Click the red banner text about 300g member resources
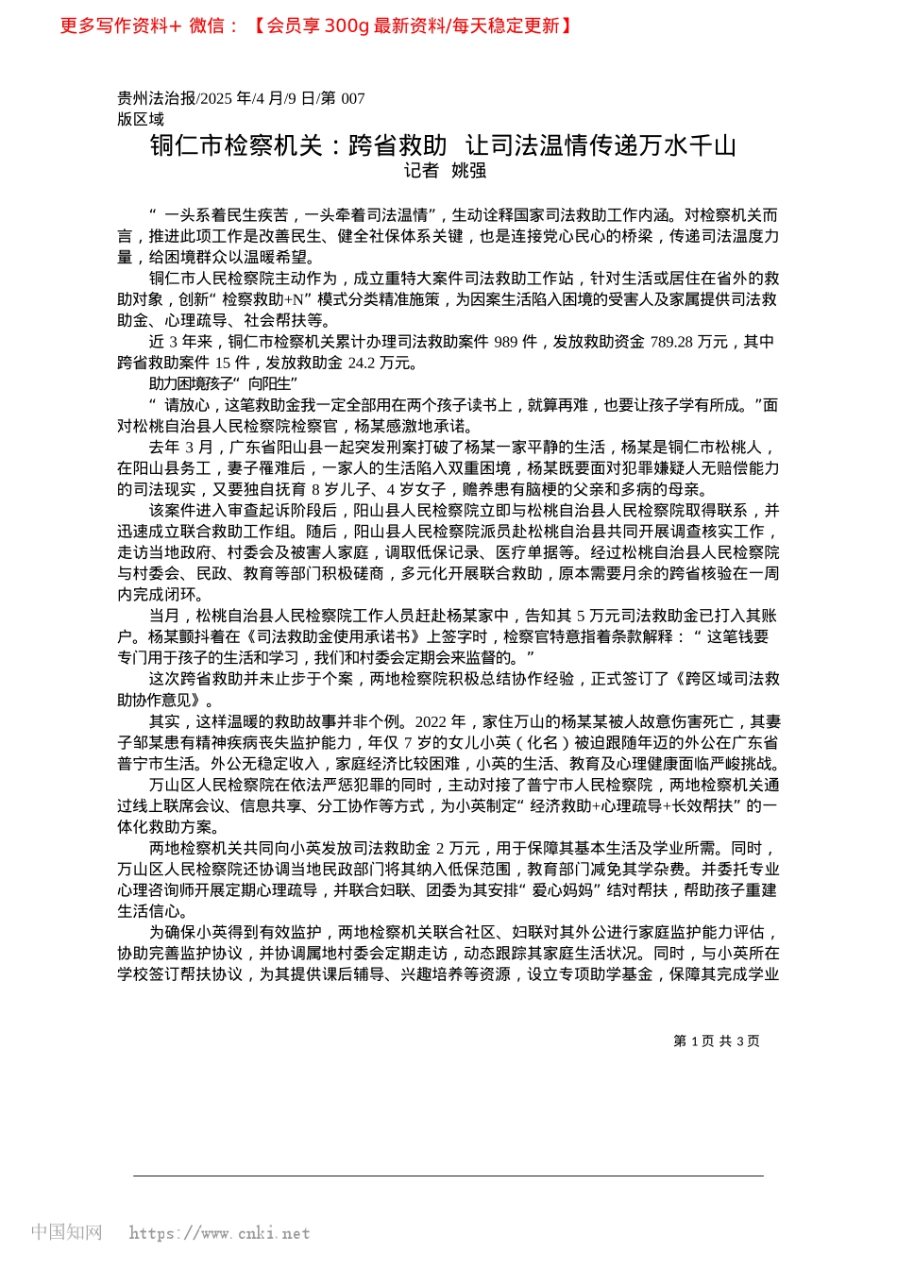click(415, 25)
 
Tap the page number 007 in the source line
click(352, 98)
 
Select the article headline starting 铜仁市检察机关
click(442, 145)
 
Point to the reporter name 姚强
click(469, 171)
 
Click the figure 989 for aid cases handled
click(507, 342)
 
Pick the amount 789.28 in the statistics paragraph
click(671, 342)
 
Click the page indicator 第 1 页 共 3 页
click(717, 1041)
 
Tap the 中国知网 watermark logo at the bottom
click(66, 1232)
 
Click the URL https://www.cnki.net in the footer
click(219, 1233)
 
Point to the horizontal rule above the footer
click(448, 1176)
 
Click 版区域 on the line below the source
click(141, 119)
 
